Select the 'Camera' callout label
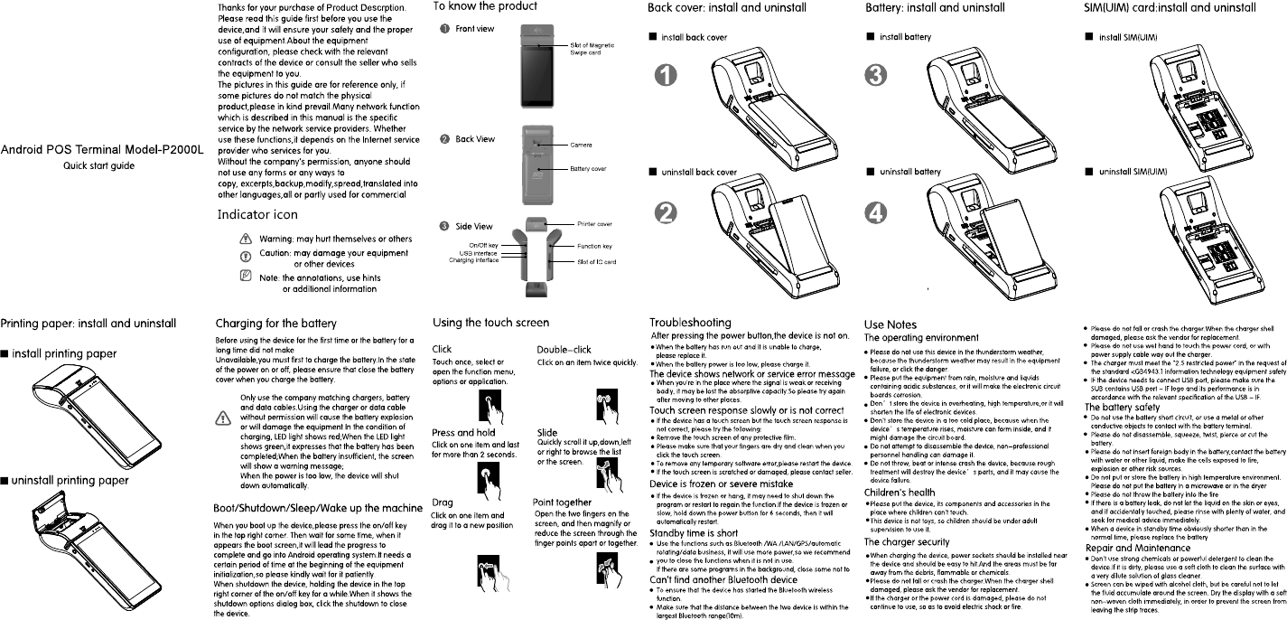click(x=581, y=145)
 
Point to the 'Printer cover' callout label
click(x=594, y=223)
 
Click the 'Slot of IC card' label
click(x=596, y=262)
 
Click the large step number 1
click(x=667, y=77)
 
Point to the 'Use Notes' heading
click(x=890, y=324)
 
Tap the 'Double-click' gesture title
click(x=565, y=348)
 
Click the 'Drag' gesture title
click(x=443, y=502)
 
